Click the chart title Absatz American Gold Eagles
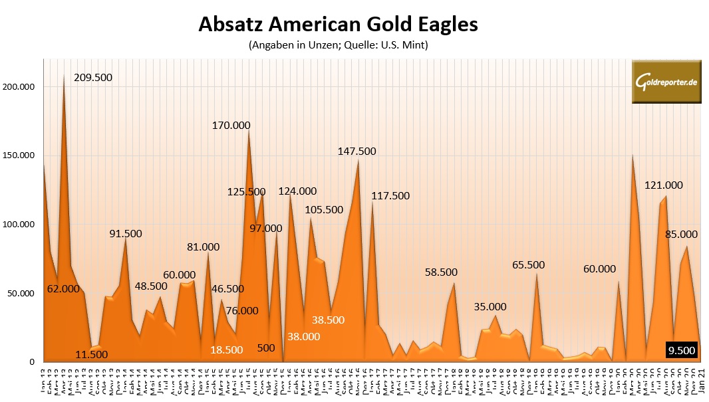pos(338,25)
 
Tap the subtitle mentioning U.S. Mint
pos(338,46)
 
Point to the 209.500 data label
pos(93,77)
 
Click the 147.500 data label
pos(356,151)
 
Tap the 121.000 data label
pos(663,185)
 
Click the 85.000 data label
pos(681,234)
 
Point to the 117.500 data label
pos(390,196)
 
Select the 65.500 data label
pos(528,264)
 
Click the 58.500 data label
pos(441,272)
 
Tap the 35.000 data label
pos(490,306)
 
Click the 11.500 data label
pos(92,354)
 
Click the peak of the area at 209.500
pos(64,75)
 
